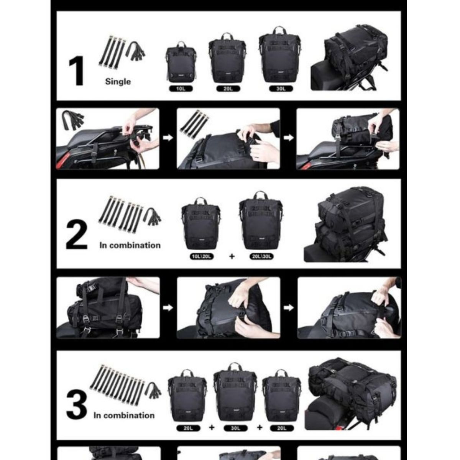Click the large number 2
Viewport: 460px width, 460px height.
pyautogui.click(x=77, y=237)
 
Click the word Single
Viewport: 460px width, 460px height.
pyautogui.click(x=118, y=81)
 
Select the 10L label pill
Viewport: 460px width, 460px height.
pyautogui.click(x=181, y=89)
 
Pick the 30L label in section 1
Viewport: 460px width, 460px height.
pyautogui.click(x=281, y=89)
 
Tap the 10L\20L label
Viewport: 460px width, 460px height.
pyautogui.click(x=201, y=256)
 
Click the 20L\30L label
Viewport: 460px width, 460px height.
pyautogui.click(x=261, y=256)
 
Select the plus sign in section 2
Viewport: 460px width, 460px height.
pyautogui.click(x=232, y=256)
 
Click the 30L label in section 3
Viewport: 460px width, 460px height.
pyautogui.click(x=235, y=428)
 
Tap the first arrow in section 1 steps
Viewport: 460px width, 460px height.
pyautogui.click(x=168, y=138)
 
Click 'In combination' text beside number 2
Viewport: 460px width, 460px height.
pyautogui.click(x=130, y=245)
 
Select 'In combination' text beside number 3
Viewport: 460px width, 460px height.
pyautogui.click(x=123, y=415)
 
